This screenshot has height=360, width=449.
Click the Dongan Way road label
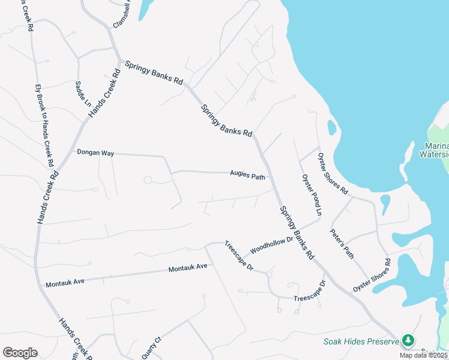(95, 153)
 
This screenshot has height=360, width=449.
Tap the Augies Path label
(247, 176)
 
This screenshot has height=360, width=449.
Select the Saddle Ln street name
(83, 93)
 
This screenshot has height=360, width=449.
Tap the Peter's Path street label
(342, 244)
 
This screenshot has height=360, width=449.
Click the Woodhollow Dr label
(271, 244)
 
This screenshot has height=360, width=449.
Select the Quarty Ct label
(152, 349)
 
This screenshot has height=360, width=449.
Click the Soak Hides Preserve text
(361, 342)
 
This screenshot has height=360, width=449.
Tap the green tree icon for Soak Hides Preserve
(408, 341)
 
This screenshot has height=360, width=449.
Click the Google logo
(20, 353)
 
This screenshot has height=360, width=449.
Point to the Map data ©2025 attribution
(423, 355)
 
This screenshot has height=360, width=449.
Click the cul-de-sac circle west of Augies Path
(147, 180)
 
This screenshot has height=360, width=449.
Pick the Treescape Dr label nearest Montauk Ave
(240, 256)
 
